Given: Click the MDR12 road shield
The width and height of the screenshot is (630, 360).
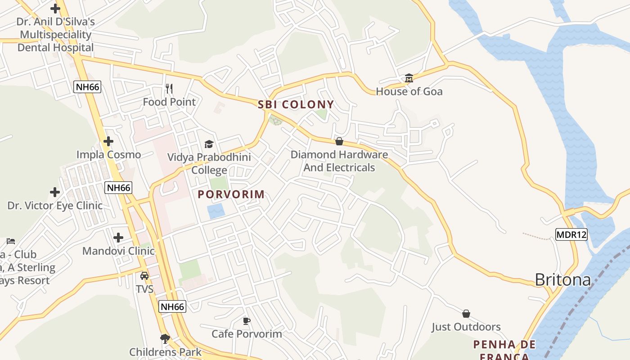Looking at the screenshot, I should pos(571,234).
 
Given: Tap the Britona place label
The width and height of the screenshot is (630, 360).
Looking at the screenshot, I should pos(562,280).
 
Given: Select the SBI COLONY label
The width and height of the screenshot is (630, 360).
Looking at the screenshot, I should pos(296,105).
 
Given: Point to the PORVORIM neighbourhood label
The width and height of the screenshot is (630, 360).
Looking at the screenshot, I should pos(231,195).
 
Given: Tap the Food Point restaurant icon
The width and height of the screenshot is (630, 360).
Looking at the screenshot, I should pos(170,89).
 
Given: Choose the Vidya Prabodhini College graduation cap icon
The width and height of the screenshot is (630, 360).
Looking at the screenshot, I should pos(209,144).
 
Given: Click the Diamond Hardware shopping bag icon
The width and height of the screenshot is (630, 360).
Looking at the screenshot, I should pos(339,141).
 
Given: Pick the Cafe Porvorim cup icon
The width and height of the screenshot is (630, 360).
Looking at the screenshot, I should pos(246,321).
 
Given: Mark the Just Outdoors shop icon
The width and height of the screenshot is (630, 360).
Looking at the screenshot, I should pos(466,314).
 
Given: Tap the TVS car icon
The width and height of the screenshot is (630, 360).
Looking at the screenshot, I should pos(144,276).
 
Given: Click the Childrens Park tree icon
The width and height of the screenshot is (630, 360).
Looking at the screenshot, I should pos(165,338).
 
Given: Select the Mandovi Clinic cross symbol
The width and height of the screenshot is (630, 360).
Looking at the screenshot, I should pos(118,237).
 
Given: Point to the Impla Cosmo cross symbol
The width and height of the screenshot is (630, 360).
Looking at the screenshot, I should pos(108,141).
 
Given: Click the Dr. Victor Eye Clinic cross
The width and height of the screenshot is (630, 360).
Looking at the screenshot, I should pos(55,192).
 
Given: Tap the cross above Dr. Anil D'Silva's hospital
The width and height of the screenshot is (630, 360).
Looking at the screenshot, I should pos(55,9).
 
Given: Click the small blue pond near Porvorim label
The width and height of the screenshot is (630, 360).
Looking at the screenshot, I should pos(216,211).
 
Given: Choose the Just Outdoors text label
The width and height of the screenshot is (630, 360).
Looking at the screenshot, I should pos(466,327).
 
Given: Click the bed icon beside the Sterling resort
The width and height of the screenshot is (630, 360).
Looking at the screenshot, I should pos(11,241).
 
